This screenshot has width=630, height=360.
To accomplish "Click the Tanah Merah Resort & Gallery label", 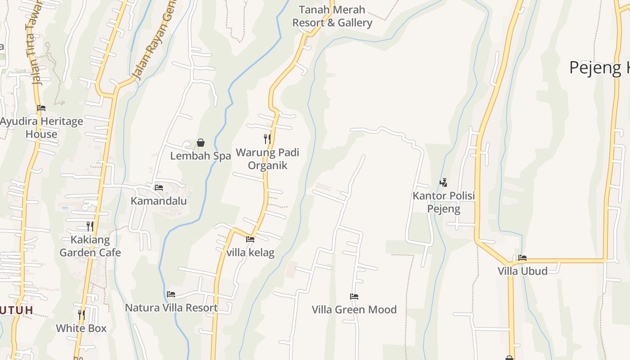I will click(x=332, y=16).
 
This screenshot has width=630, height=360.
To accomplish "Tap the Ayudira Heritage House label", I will click(x=41, y=127).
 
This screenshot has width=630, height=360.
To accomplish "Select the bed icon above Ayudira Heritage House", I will click(x=41, y=108).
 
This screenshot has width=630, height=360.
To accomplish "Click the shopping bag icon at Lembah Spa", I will click(x=201, y=143).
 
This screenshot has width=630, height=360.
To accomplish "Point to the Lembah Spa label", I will click(x=201, y=156).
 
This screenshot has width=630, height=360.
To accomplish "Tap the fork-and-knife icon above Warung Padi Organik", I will click(x=267, y=139).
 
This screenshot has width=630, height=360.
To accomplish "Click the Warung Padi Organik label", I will click(x=267, y=159).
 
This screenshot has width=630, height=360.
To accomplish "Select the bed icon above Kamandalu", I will click(x=158, y=187).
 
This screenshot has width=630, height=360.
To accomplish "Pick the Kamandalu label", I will click(x=158, y=201).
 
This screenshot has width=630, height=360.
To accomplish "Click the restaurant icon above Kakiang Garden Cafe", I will click(x=90, y=226).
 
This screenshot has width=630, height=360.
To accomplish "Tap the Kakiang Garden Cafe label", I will click(x=90, y=246).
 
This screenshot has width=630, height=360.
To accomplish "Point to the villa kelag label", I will click(x=250, y=252).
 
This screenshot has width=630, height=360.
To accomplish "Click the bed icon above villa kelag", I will click(x=250, y=239).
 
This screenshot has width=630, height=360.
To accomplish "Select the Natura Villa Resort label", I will click(x=171, y=308).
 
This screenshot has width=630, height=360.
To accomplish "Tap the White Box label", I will click(x=81, y=328).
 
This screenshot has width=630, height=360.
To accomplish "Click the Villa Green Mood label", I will click(x=354, y=310).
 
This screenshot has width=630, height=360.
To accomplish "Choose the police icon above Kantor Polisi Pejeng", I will click(x=444, y=182).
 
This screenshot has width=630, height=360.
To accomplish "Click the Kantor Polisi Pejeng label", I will click(x=444, y=202).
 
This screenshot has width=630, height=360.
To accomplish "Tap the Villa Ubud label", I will click(x=522, y=271).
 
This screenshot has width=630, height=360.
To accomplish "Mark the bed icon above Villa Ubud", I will click(x=522, y=258).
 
